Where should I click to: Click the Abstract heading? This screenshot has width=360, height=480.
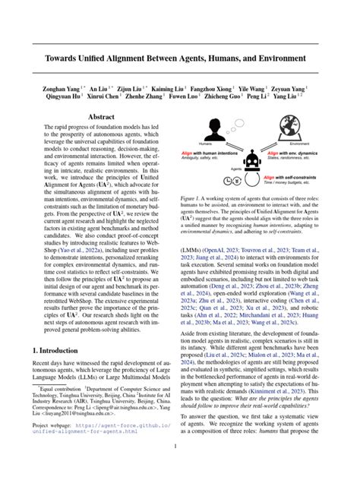[101, 117]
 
